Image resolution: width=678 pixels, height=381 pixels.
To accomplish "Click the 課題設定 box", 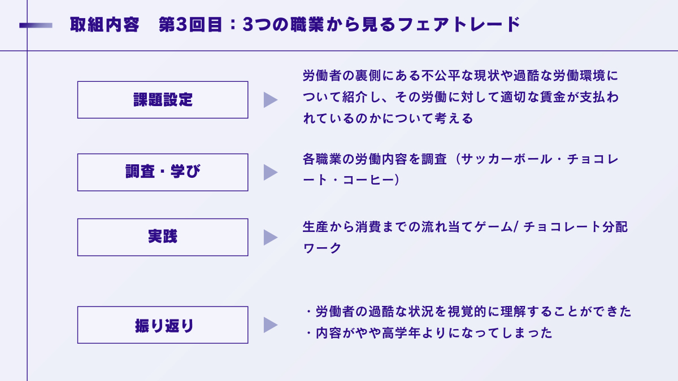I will [163, 100].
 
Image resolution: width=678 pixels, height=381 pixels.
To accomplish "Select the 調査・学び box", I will [163, 172].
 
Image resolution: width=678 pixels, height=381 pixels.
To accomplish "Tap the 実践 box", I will [163, 237].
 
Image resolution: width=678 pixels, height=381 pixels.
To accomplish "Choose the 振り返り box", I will [163, 325].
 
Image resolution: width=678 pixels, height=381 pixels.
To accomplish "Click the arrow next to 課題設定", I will [270, 100].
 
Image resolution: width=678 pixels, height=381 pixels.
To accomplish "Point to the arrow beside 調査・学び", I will [270, 172].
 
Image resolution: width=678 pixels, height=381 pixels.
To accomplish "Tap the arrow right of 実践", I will [270, 237].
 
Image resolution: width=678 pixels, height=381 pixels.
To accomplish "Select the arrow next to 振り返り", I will [270, 325].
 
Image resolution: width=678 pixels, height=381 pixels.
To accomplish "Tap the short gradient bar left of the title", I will [36, 25].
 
